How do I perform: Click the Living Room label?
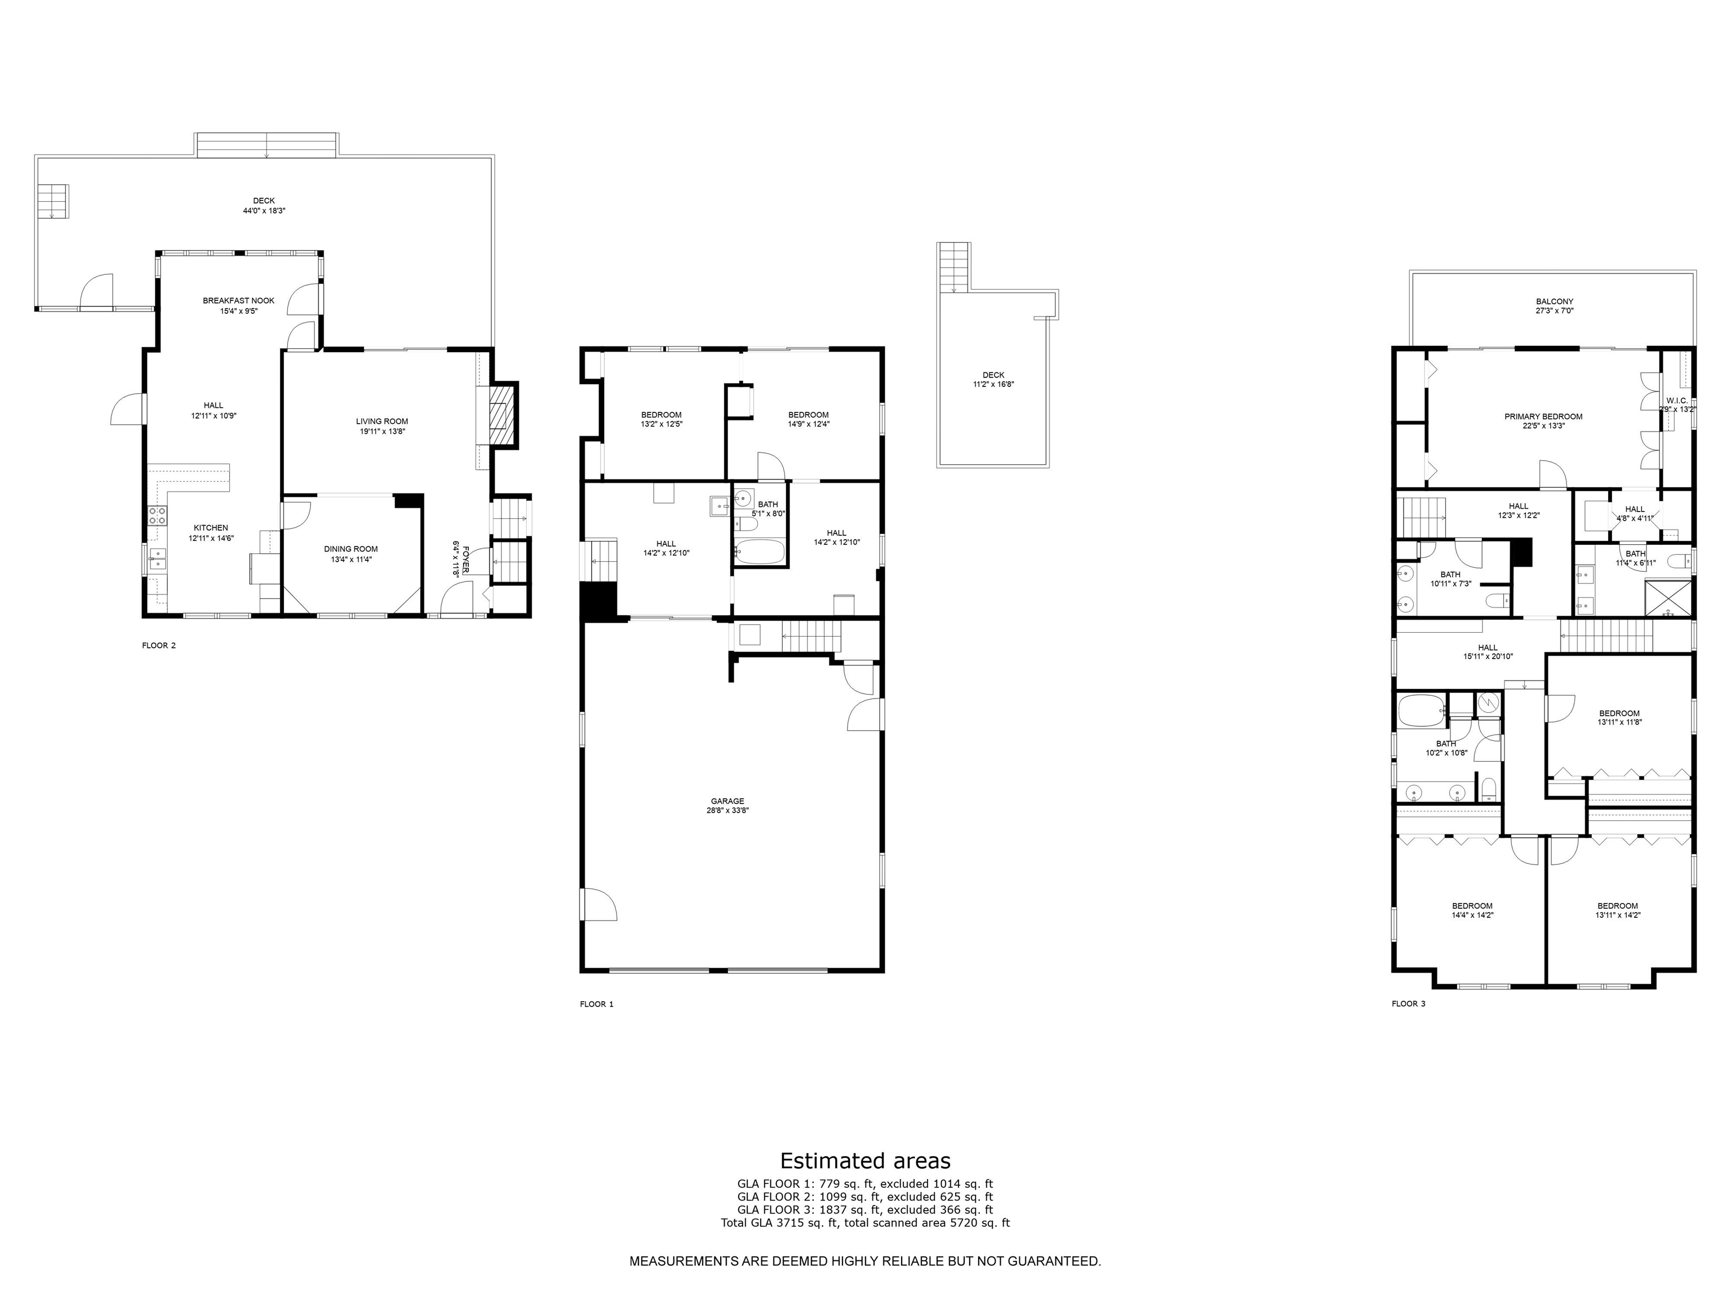point(382,421)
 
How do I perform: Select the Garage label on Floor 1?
point(727,801)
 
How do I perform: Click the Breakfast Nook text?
point(239,300)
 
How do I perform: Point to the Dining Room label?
point(350,549)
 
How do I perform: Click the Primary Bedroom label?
point(1543,416)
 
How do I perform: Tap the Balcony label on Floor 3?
point(1554,301)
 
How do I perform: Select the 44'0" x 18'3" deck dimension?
point(264,211)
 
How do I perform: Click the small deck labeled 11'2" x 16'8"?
point(993,380)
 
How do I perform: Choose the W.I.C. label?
point(1676,401)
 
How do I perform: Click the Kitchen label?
point(211,528)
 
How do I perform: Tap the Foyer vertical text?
point(465,560)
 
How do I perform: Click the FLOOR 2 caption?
point(159,646)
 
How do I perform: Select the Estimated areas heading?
point(865,1161)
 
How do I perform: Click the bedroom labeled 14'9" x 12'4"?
point(809,419)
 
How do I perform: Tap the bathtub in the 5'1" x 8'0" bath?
point(760,552)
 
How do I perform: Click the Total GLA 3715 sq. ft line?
point(865,1222)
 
